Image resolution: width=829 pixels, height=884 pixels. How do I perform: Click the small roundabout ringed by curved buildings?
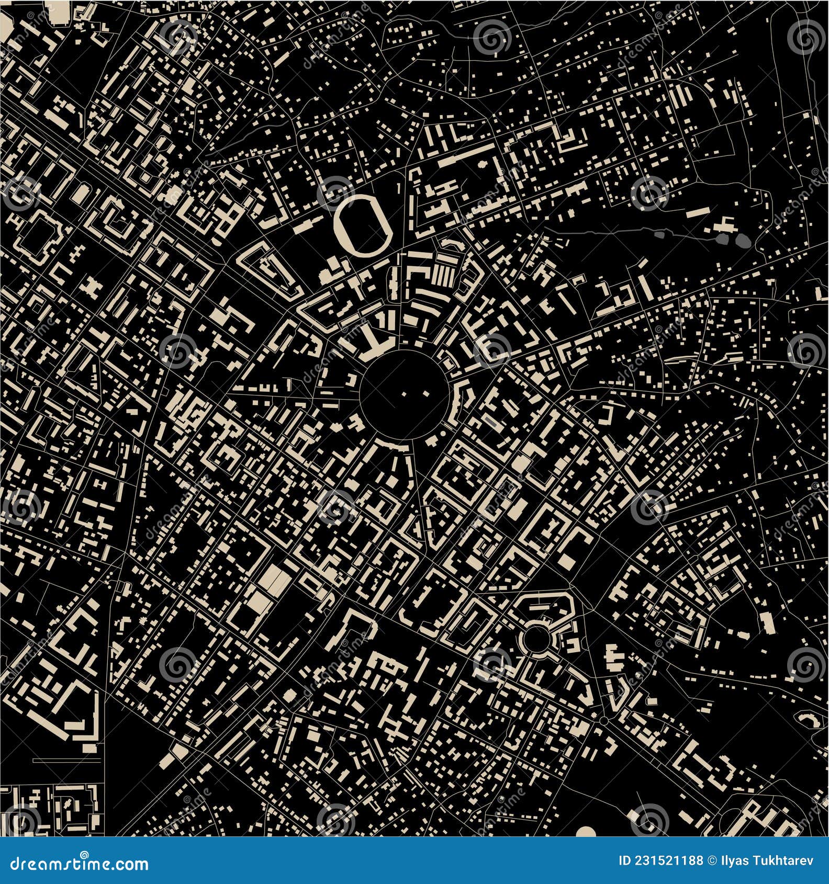point(535,639)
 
